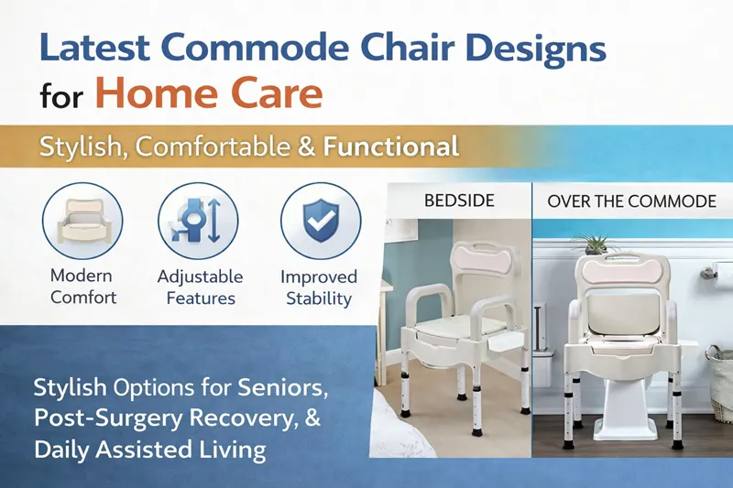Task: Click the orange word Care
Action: click(276, 93)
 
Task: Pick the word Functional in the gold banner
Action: click(396, 146)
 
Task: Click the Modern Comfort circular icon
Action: click(82, 221)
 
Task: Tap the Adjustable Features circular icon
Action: click(198, 221)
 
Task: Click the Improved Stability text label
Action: click(319, 287)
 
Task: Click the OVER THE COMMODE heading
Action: click(631, 201)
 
